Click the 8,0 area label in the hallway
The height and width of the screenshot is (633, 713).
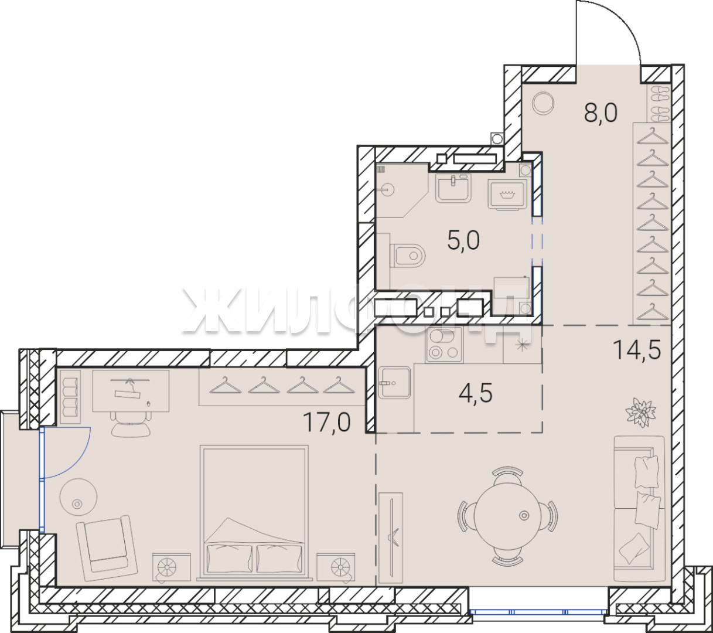point(601,113)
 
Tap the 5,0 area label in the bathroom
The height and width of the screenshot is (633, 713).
point(463,241)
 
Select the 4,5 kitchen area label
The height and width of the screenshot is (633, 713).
point(476,393)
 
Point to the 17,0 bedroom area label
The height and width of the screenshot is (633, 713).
point(326,423)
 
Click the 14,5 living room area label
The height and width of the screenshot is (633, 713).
point(637,350)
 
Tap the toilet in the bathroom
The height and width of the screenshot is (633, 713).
point(408,254)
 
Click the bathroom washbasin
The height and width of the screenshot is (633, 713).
point(453,188)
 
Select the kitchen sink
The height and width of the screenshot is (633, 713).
point(394,382)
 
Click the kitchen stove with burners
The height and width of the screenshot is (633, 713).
point(444,345)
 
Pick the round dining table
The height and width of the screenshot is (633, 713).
point(507,516)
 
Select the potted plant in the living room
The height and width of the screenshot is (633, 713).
point(641,412)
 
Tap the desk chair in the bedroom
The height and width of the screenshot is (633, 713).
point(131,424)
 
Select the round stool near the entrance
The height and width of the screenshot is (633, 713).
point(543,103)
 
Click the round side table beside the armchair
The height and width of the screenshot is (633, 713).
point(78,497)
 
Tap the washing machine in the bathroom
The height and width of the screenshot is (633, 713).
point(507,195)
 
